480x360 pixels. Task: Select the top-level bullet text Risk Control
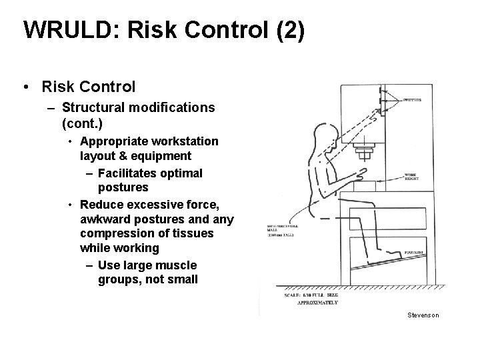pyautogui.click(x=88, y=87)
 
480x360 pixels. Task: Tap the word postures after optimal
pyautogui.click(x=123, y=187)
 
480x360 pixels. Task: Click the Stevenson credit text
pyautogui.click(x=423, y=315)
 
